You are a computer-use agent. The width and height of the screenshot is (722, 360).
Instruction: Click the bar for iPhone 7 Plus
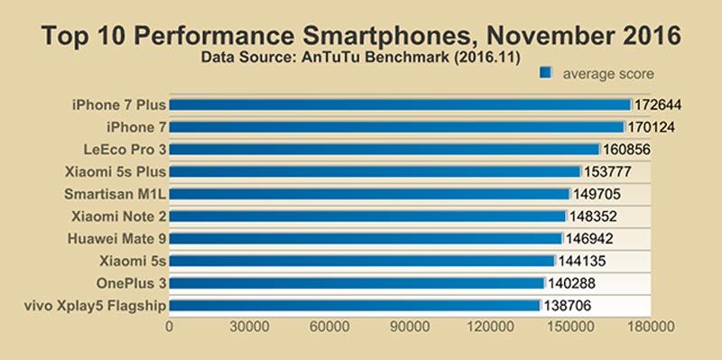[400, 105]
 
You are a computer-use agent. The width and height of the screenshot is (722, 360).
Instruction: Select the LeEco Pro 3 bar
[384, 149]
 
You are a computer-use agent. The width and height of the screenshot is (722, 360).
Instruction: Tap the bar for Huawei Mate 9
[366, 238]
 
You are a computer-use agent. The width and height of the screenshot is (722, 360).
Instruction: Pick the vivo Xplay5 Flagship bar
[355, 305]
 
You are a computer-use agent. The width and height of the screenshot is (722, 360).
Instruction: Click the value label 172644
[658, 105]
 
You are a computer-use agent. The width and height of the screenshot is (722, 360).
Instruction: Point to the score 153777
[607, 171]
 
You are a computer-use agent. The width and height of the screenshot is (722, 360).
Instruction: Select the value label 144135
[582, 261]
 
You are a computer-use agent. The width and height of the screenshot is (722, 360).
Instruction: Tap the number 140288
[571, 283]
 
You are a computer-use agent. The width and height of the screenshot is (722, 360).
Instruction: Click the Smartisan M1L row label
[116, 194]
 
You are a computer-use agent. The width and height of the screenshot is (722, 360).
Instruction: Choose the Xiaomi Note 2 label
[119, 216]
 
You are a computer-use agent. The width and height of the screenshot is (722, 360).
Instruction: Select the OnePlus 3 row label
[131, 282]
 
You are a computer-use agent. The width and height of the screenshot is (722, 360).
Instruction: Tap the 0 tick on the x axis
[170, 327]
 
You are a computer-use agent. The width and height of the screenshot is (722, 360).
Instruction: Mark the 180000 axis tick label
[651, 327]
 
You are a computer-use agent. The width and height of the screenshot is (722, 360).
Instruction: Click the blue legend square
[545, 73]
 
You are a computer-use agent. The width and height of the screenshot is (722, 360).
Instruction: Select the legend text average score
[608, 74]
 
